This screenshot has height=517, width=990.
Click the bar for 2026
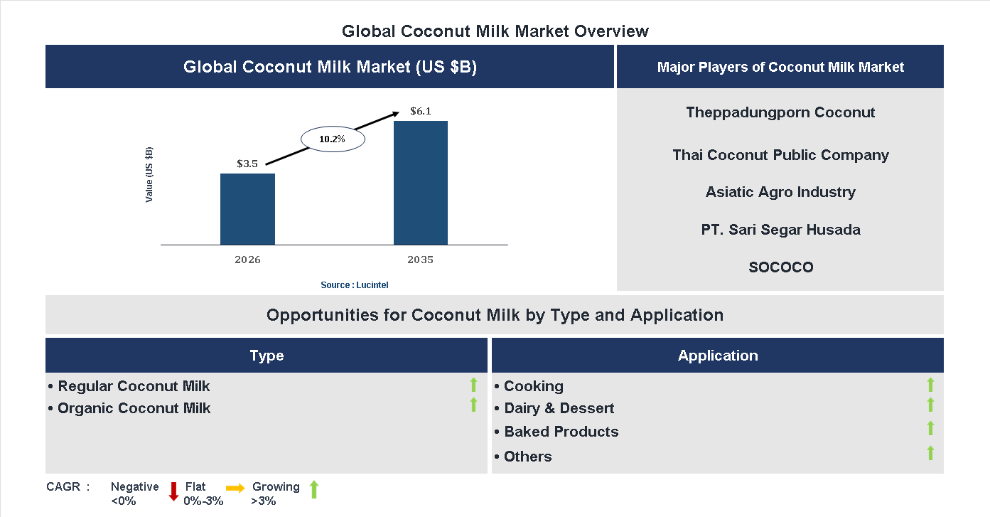click(x=247, y=209)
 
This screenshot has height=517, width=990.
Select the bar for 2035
click(x=421, y=183)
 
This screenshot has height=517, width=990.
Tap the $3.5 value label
click(x=247, y=164)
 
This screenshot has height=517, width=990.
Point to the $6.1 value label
click(x=421, y=111)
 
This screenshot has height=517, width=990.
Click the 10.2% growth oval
click(x=333, y=139)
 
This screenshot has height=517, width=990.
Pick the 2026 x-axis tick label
click(x=247, y=260)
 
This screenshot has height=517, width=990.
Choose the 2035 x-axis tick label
click(x=420, y=260)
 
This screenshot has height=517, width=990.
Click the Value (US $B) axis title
click(x=149, y=174)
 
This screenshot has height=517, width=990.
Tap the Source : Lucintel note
click(x=354, y=285)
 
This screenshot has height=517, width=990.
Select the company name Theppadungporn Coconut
click(x=780, y=112)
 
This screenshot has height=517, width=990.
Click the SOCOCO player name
click(x=780, y=267)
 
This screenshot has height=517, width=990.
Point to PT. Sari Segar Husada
click(x=780, y=230)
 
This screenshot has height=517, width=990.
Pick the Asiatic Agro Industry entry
click(x=780, y=192)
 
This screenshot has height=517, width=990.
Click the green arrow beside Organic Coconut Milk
click(x=473, y=405)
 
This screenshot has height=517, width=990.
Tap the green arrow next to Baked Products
click(x=930, y=428)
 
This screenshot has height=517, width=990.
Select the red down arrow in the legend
click(x=173, y=491)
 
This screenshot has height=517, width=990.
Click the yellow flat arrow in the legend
click(x=235, y=488)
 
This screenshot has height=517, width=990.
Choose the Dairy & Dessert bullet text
click(x=559, y=408)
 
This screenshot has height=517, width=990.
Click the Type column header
click(x=267, y=356)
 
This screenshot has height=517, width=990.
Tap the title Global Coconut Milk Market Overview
click(x=495, y=31)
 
